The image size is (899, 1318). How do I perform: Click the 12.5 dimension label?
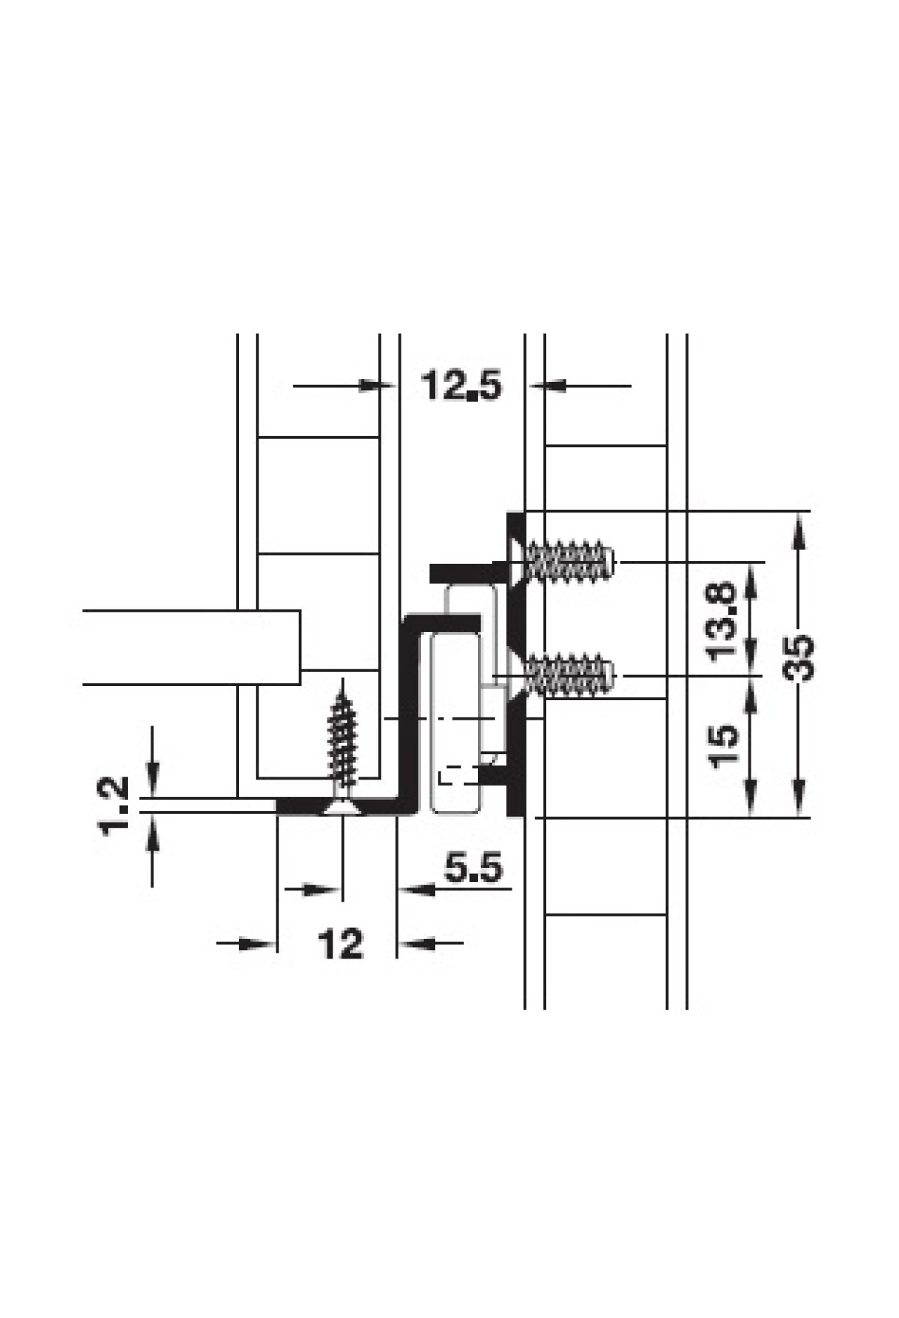(460, 386)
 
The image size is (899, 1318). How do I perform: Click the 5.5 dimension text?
(473, 868)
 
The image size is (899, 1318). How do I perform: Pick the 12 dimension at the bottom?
(341, 944)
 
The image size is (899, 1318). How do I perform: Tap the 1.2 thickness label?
(114, 807)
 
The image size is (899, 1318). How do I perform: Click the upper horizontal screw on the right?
(563, 562)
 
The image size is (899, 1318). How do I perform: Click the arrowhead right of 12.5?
(547, 386)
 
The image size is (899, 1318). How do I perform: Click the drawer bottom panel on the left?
(191, 648)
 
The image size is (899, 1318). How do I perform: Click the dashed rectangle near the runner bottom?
(458, 775)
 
